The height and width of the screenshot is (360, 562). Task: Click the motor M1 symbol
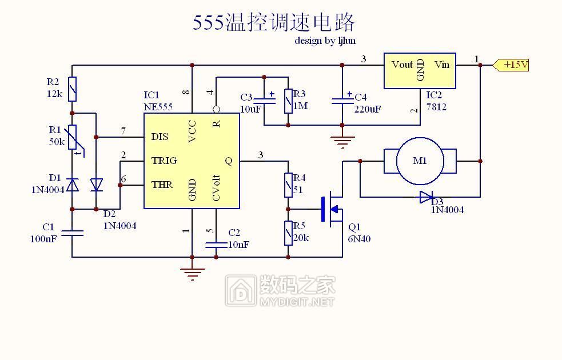point(420,161)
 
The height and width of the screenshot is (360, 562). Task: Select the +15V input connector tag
point(511,65)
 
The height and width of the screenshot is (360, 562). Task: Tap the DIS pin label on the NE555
point(160,137)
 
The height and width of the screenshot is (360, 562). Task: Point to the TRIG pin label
point(164,161)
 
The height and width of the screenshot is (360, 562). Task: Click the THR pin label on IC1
point(162,185)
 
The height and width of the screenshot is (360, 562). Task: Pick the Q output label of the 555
point(229,161)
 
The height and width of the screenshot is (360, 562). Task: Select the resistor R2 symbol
point(73,89)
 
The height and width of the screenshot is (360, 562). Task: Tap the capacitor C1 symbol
point(73,233)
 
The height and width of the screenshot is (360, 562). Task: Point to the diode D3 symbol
point(426,198)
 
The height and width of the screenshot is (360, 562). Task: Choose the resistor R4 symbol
point(288,186)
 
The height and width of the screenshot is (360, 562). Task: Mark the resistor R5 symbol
point(288,233)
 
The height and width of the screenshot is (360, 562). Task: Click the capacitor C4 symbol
point(342,101)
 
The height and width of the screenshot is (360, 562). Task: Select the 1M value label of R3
point(300,106)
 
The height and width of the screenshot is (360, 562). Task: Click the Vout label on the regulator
point(402,65)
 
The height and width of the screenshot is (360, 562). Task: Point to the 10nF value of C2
point(238,244)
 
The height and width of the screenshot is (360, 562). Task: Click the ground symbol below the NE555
point(193,274)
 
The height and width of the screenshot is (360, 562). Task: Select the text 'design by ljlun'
point(325,41)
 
